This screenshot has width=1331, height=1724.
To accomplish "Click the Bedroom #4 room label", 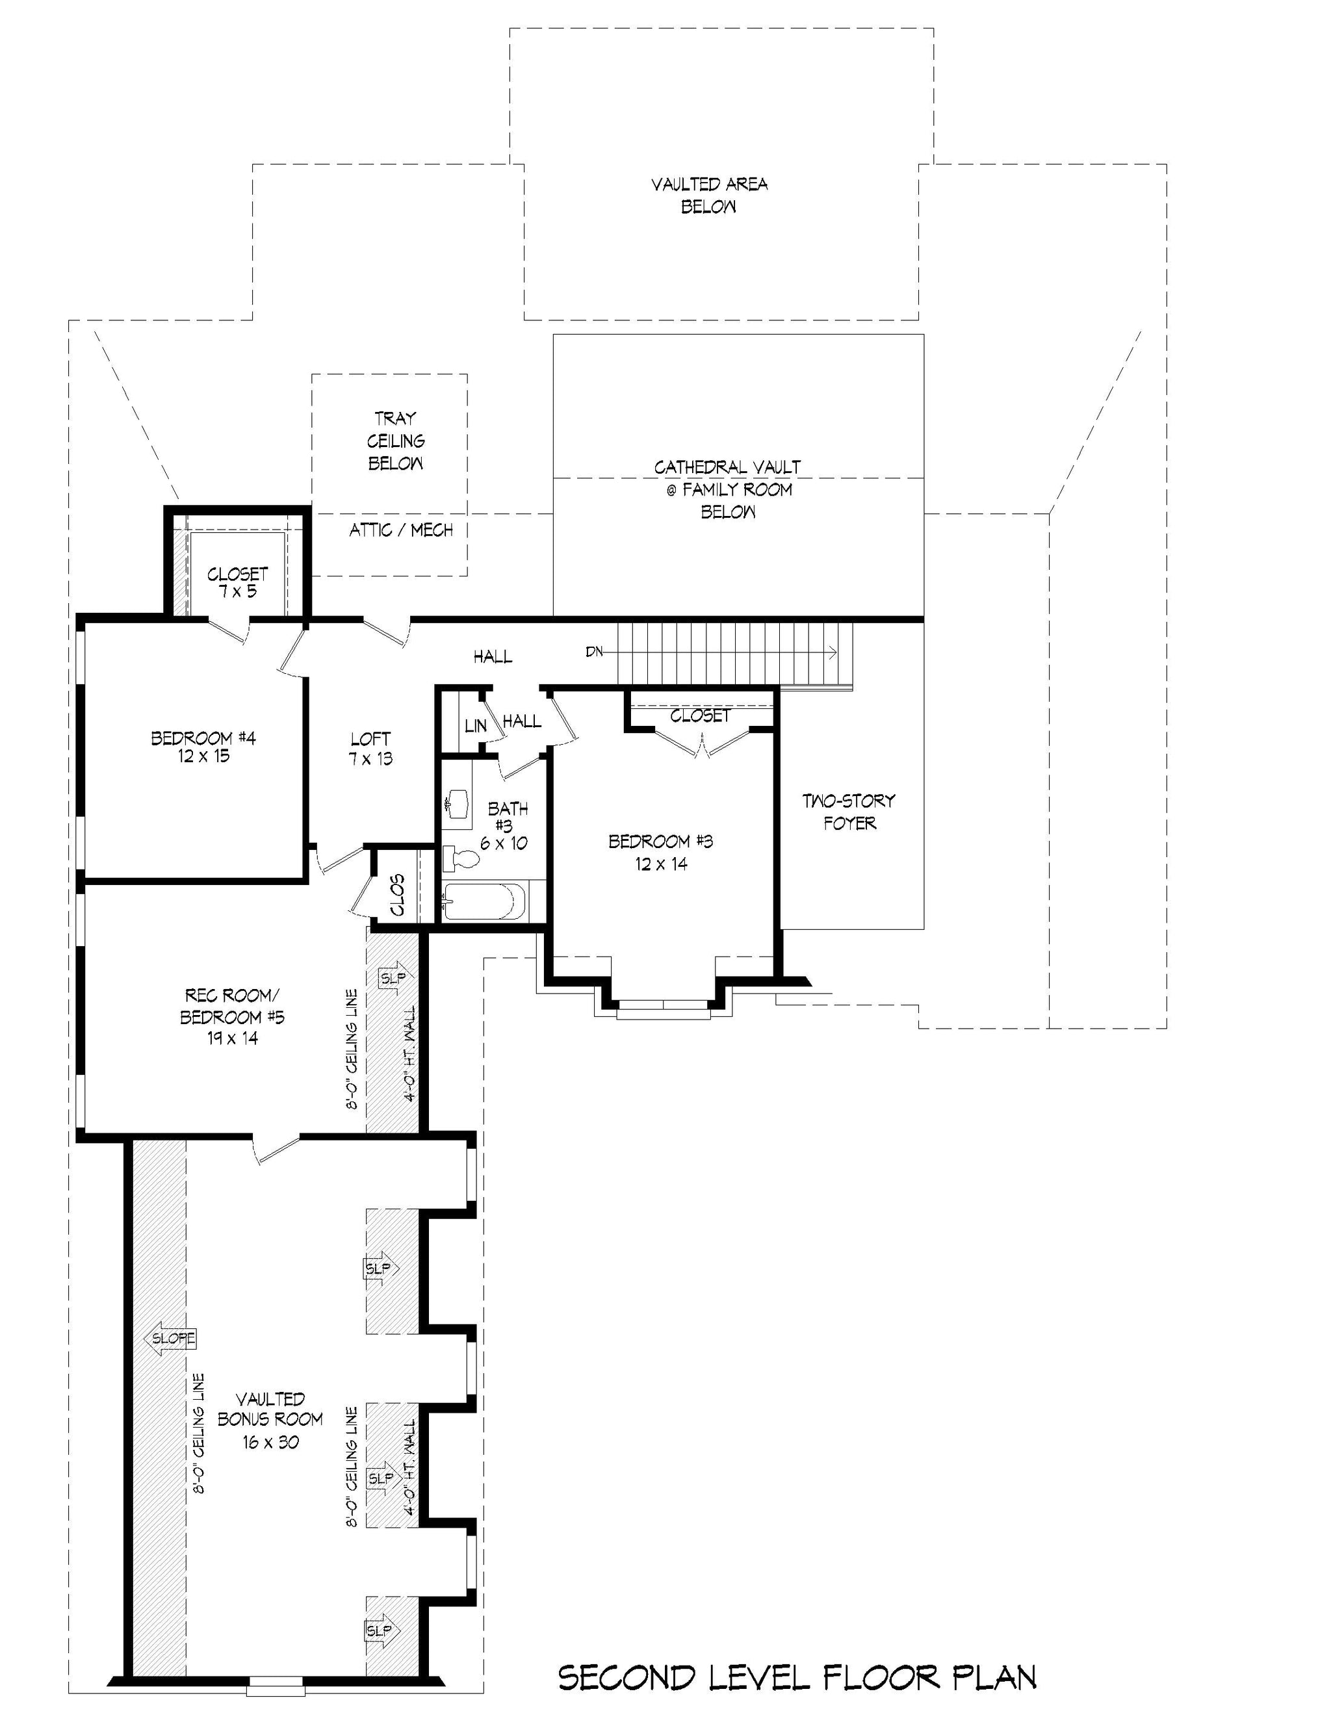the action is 203,747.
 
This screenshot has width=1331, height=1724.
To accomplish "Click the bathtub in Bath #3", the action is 484,901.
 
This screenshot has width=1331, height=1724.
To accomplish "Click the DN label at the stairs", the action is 595,652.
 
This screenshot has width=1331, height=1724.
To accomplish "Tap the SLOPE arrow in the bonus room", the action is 170,1339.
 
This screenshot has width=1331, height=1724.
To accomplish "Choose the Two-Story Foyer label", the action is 849,812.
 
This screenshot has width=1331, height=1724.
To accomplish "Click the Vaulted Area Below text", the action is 709,195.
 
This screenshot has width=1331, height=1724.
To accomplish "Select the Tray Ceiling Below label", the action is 396,441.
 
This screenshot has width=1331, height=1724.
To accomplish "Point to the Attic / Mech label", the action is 401,530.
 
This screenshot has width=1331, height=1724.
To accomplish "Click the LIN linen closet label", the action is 475,725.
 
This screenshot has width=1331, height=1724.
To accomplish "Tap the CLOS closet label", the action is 397,894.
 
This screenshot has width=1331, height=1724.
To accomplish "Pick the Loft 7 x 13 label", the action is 370,749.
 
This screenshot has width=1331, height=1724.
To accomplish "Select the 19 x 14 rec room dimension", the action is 232,1038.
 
